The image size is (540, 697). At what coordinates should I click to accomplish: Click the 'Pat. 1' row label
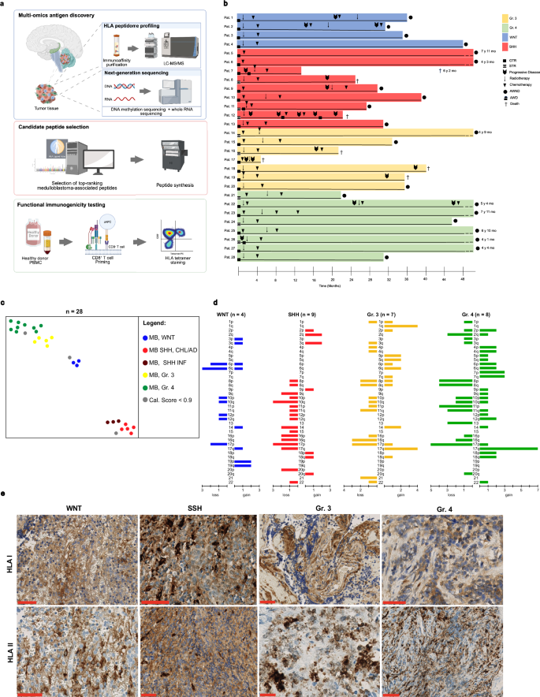(x=227, y=17)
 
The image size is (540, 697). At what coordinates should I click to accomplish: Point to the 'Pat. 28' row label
(x=227, y=257)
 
